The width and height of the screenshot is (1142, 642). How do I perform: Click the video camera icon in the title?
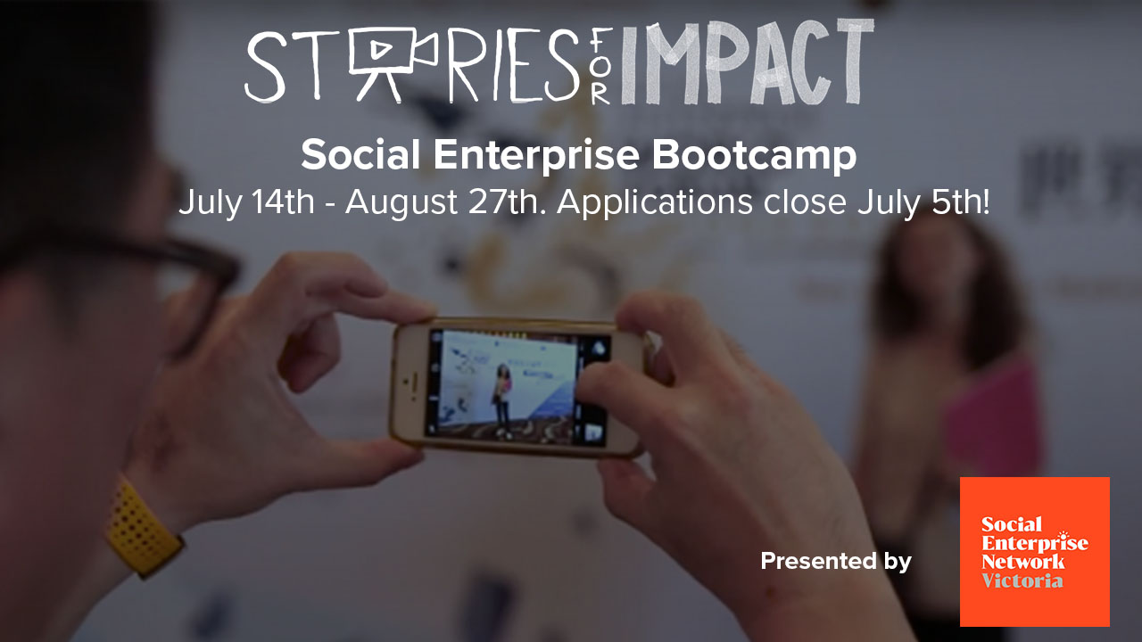(393, 62)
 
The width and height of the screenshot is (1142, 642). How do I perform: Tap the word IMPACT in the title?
(748, 62)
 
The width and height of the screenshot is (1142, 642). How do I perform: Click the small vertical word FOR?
(601, 65)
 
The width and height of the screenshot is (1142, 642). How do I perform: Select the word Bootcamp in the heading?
(754, 155)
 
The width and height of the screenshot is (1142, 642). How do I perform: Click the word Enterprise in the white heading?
(536, 155)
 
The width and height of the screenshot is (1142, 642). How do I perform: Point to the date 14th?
(284, 202)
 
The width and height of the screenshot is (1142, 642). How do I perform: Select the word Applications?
(655, 202)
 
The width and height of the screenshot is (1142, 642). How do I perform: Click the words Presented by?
(836, 562)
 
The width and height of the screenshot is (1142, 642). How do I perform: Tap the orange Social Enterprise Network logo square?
(1034, 551)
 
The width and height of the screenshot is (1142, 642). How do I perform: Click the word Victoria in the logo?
(1022, 580)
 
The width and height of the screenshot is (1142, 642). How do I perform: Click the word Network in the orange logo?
(1022, 562)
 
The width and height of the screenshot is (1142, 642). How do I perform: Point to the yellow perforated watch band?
(144, 527)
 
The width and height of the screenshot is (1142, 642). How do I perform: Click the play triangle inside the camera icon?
(380, 49)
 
